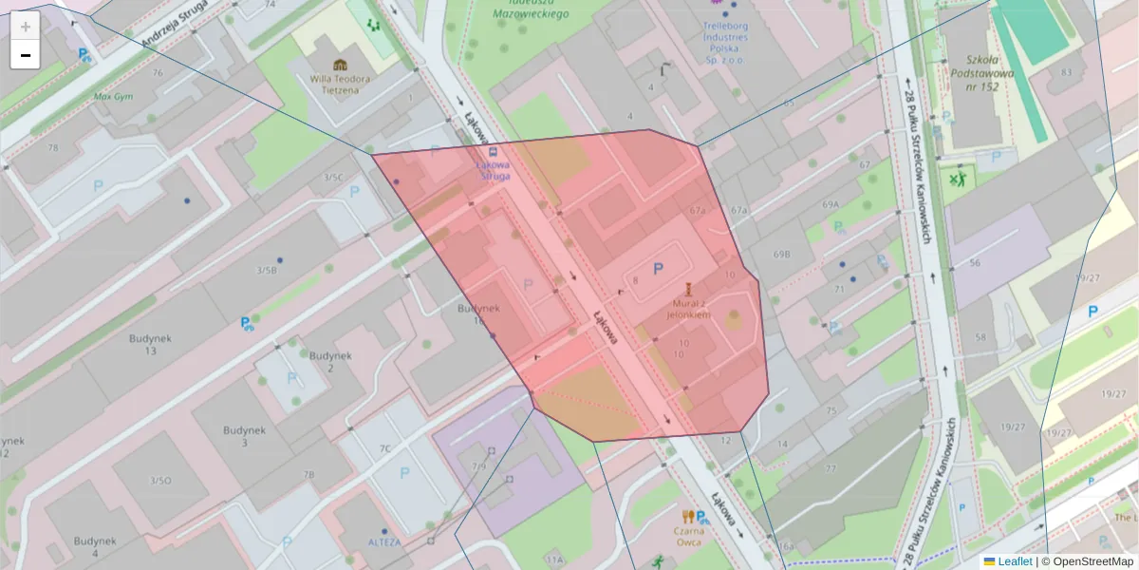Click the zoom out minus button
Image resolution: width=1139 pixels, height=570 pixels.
pyautogui.click(x=25, y=55)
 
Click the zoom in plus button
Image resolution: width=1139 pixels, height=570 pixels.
pyautogui.click(x=25, y=27)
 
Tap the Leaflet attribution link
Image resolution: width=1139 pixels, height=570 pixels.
pyautogui.click(x=1014, y=561)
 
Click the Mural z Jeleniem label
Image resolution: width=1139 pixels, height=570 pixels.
pyautogui.click(x=688, y=307)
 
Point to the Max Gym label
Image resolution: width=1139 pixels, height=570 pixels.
pyautogui.click(x=113, y=96)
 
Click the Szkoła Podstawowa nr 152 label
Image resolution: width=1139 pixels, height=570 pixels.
pyautogui.click(x=979, y=72)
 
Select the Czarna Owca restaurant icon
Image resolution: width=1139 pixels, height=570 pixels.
pyautogui.click(x=688, y=516)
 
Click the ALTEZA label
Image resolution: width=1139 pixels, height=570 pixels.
pyautogui.click(x=384, y=542)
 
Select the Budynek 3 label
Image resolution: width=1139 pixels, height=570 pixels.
pyautogui.click(x=243, y=436)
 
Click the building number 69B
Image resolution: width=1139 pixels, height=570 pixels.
pyautogui.click(x=781, y=255)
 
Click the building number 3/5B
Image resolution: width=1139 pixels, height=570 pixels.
pyautogui.click(x=266, y=270)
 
